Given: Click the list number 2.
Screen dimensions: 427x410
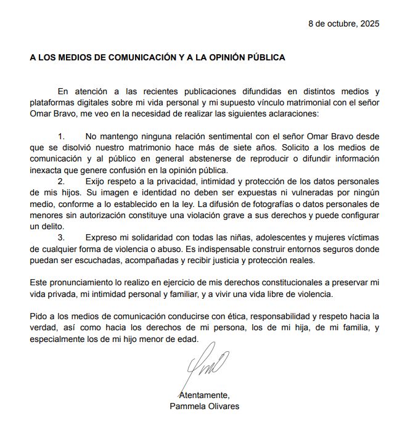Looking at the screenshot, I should tap(60, 182).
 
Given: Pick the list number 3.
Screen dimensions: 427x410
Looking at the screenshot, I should tap(60, 237).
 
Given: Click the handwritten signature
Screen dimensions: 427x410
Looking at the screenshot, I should tap(207, 368).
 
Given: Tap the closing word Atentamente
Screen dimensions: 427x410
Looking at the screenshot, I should tap(203, 395).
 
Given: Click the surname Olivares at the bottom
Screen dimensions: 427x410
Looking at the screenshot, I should tap(223, 406).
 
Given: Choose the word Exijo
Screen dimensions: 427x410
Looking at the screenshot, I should tap(97, 182).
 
